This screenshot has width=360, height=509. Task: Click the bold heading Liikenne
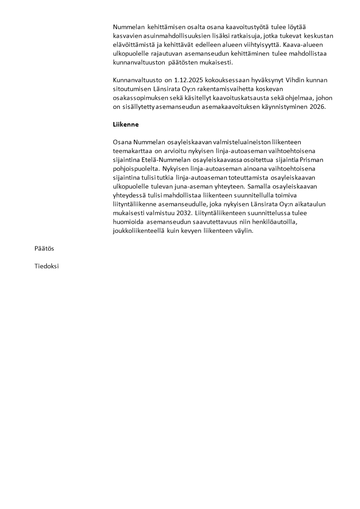click(x=126, y=124)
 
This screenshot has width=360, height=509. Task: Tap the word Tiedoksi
click(x=46, y=266)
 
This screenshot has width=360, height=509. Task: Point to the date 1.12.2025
click(x=188, y=80)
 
